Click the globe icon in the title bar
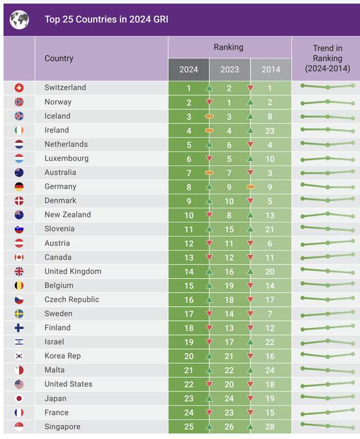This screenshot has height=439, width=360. [20, 20]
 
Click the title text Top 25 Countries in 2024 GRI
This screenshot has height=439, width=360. [106, 20]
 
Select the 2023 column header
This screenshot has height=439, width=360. [229, 70]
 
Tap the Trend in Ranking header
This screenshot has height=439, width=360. [327, 58]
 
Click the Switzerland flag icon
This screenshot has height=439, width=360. [19, 88]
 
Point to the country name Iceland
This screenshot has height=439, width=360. [57, 116]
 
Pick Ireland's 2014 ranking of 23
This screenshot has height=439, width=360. [271, 130]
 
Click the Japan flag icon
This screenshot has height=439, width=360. [19, 399]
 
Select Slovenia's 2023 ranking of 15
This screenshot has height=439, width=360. [229, 229]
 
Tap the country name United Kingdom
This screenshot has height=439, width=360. [73, 271]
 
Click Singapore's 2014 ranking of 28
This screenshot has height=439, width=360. [271, 427]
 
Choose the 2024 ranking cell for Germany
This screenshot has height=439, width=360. [189, 187]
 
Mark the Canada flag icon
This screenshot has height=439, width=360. [19, 257]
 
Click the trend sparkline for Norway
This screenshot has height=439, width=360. [327, 102]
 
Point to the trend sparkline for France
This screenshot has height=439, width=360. [327, 413]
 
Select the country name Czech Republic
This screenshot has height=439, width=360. [71, 300]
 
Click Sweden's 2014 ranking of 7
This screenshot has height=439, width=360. [271, 314]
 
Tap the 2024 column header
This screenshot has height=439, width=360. [189, 70]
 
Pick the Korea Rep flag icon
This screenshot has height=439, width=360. [19, 356]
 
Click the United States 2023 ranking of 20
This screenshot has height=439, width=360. [229, 384]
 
